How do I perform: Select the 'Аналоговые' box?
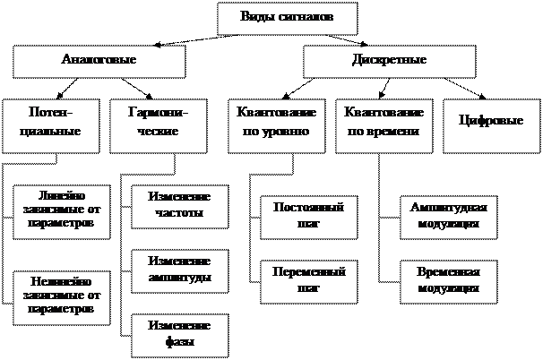(99, 61)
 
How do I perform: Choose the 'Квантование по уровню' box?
(273, 123)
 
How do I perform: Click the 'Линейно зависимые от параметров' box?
(62, 212)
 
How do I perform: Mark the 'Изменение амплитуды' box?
(180, 270)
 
